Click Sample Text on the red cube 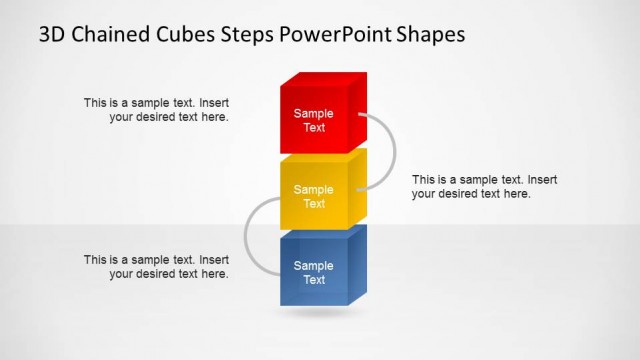[314, 121]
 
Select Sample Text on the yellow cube [314, 197]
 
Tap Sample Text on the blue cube [314, 273]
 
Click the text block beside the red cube [157, 109]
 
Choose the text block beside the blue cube [157, 266]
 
